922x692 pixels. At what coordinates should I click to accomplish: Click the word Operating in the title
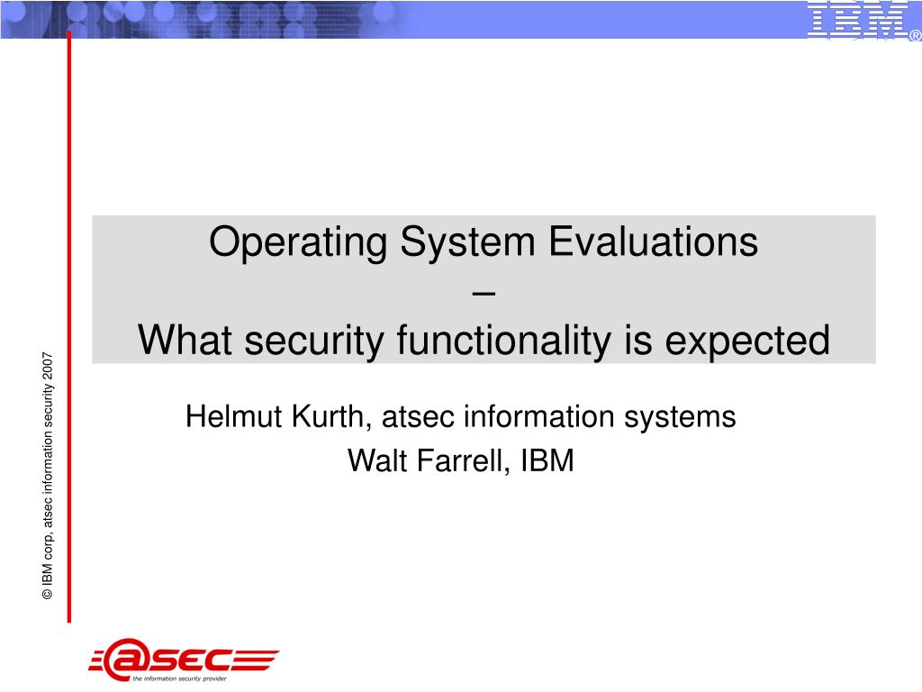298,243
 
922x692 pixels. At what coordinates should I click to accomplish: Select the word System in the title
467,243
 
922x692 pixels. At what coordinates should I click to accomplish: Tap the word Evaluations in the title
654,241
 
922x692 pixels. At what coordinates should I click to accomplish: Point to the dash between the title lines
484,293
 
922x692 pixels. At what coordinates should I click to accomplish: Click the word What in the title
185,340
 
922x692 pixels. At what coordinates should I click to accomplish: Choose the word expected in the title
746,341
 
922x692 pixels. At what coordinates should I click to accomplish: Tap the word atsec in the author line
418,417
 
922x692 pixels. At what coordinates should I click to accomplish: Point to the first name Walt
376,460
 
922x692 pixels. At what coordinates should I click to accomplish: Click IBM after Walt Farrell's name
547,460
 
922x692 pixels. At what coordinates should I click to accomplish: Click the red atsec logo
184,657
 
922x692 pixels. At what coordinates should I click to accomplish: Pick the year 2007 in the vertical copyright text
48,366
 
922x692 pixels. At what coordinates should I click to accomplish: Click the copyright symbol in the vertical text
48,595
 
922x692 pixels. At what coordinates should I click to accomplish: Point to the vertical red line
68,326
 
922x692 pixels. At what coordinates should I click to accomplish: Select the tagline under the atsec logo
179,678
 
